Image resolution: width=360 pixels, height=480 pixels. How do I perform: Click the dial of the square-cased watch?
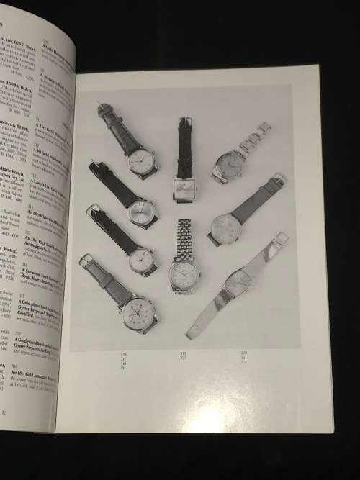(183, 189)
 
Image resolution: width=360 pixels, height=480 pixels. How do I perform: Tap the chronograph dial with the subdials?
(136, 311)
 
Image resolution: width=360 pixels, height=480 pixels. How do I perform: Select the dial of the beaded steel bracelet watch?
(183, 273)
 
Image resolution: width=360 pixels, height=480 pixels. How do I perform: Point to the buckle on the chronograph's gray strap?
(86, 261)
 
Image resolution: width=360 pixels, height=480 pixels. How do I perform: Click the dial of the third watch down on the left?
(141, 261)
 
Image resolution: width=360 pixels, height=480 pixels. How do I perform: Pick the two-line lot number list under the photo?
(182, 355)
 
